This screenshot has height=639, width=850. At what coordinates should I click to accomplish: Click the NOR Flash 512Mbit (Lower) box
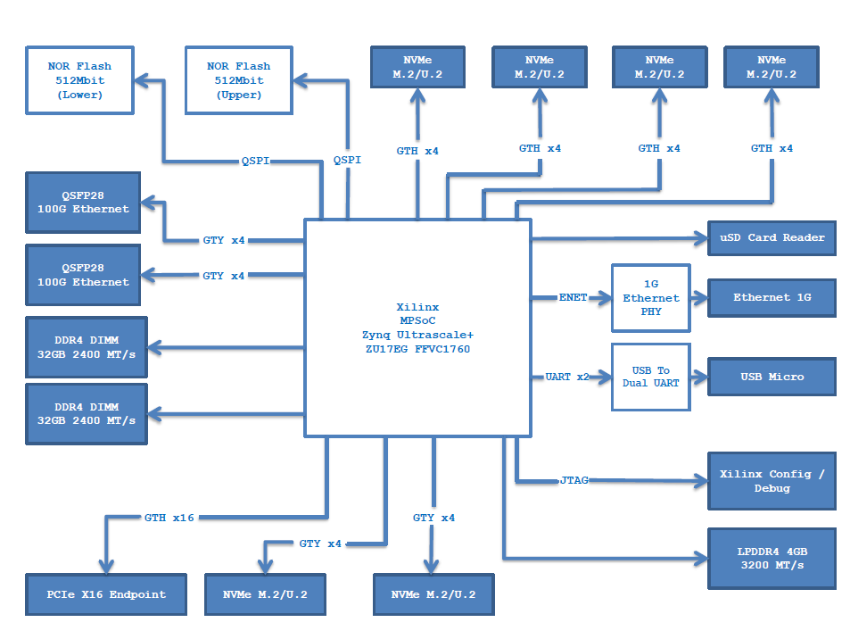point(80,80)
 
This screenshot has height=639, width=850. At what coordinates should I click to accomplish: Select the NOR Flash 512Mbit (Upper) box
point(238,80)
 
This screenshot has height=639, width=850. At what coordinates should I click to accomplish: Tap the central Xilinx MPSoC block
point(417,328)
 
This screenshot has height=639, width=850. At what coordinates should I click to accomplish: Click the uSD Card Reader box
point(772,237)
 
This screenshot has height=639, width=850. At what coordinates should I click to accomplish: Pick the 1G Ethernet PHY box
point(650,297)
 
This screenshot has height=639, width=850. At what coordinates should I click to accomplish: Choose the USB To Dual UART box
point(650,377)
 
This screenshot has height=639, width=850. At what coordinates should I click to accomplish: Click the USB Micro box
point(772,377)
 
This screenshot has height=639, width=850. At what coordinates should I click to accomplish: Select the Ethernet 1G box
point(772,297)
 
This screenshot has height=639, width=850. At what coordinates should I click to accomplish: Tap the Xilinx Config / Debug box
point(772,481)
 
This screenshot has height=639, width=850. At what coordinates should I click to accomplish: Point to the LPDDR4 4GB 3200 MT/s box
point(772,559)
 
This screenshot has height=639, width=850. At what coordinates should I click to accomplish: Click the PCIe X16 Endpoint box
point(106,594)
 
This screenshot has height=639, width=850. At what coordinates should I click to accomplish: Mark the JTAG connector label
point(576,480)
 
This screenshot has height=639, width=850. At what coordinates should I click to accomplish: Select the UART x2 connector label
point(567,377)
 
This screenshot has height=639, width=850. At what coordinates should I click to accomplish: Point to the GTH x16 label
point(169,518)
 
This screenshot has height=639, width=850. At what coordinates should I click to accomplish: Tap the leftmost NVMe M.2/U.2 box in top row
point(417,67)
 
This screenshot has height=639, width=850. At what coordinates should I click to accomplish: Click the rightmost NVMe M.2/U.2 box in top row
point(772,67)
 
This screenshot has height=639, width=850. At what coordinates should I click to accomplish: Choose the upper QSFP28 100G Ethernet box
point(83,202)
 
